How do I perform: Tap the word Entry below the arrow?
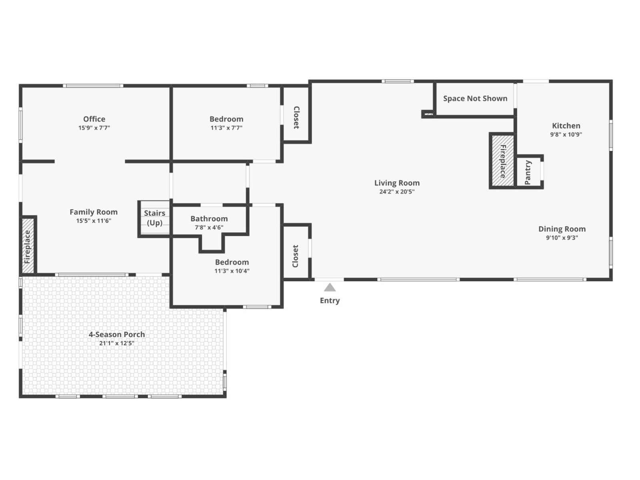pos(330,300)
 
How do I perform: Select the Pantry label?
pos(528,172)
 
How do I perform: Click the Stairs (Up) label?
pos(154,218)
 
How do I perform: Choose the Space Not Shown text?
pos(475,98)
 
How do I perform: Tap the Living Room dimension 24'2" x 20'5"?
pos(397,192)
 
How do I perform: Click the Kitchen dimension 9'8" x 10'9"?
pos(566,134)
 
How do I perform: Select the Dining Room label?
pos(562,229)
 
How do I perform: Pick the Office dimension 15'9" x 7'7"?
pos(94,128)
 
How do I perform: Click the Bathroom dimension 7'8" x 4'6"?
pos(209,227)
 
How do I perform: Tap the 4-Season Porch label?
pos(117,334)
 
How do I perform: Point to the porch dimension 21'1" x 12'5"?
pos(117,343)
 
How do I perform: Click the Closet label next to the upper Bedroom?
pos(296,118)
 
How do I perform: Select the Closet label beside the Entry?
pos(295,256)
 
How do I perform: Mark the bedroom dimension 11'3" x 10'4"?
pos(232,271)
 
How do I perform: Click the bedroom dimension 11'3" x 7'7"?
pos(226,128)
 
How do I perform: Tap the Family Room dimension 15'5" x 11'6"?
pos(94,221)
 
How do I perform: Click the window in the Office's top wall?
pos(93,86)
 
